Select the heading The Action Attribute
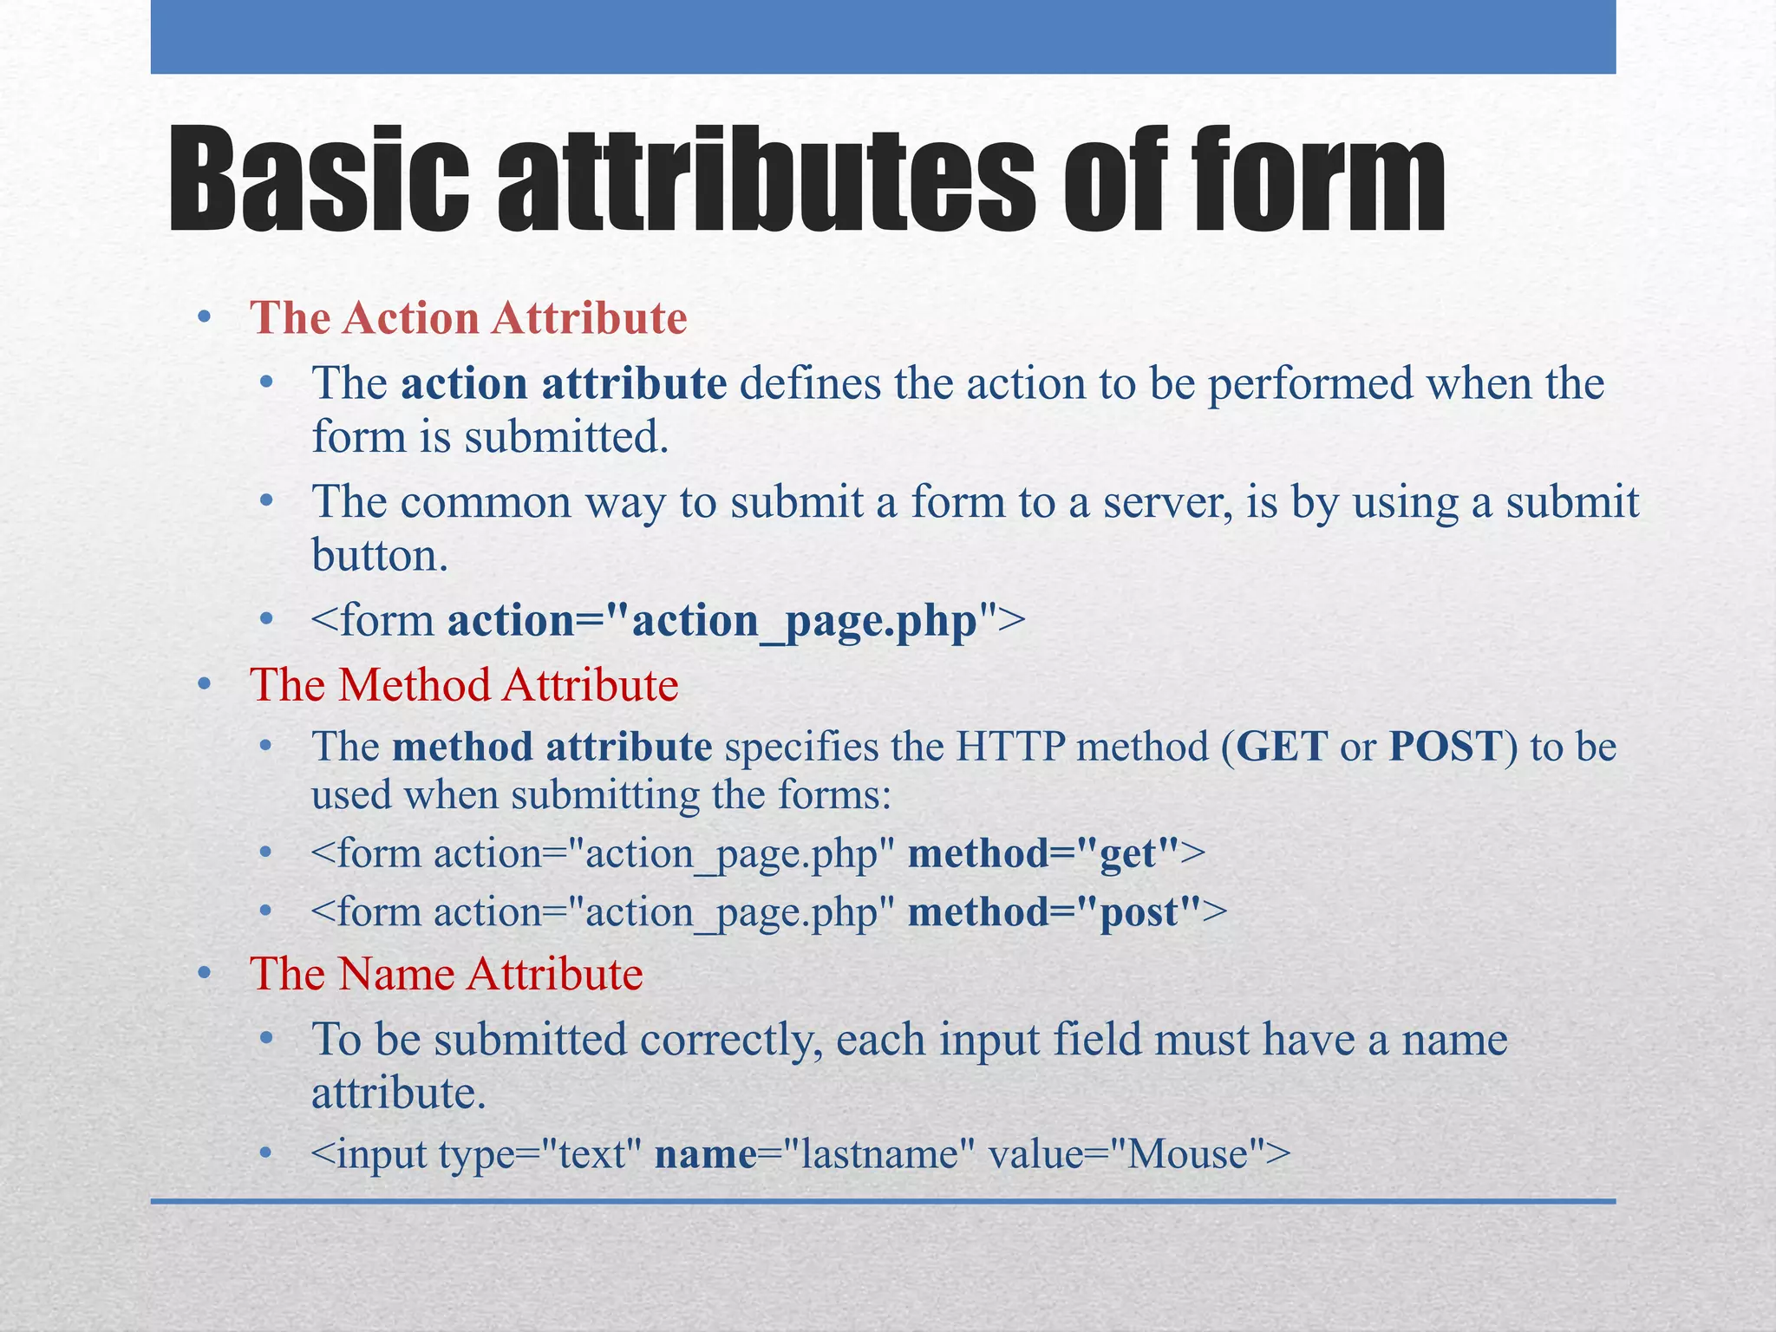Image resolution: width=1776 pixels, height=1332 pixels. [x=468, y=317]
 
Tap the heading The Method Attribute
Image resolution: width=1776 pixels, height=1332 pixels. [x=464, y=685]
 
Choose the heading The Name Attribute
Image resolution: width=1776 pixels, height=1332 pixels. [x=446, y=974]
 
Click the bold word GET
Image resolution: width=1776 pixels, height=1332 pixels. [x=1281, y=747]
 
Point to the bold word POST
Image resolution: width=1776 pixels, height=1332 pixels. [x=1445, y=747]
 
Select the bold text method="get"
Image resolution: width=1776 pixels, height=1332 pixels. [x=1044, y=854]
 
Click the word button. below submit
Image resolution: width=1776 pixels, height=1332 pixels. [x=380, y=556]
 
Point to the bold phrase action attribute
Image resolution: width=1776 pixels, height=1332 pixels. [x=564, y=384]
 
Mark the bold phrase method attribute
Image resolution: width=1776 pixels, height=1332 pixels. [x=552, y=747]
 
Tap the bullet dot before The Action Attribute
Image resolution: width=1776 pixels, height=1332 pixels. [x=204, y=318]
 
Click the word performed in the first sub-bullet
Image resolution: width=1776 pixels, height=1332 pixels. [x=1310, y=384]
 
